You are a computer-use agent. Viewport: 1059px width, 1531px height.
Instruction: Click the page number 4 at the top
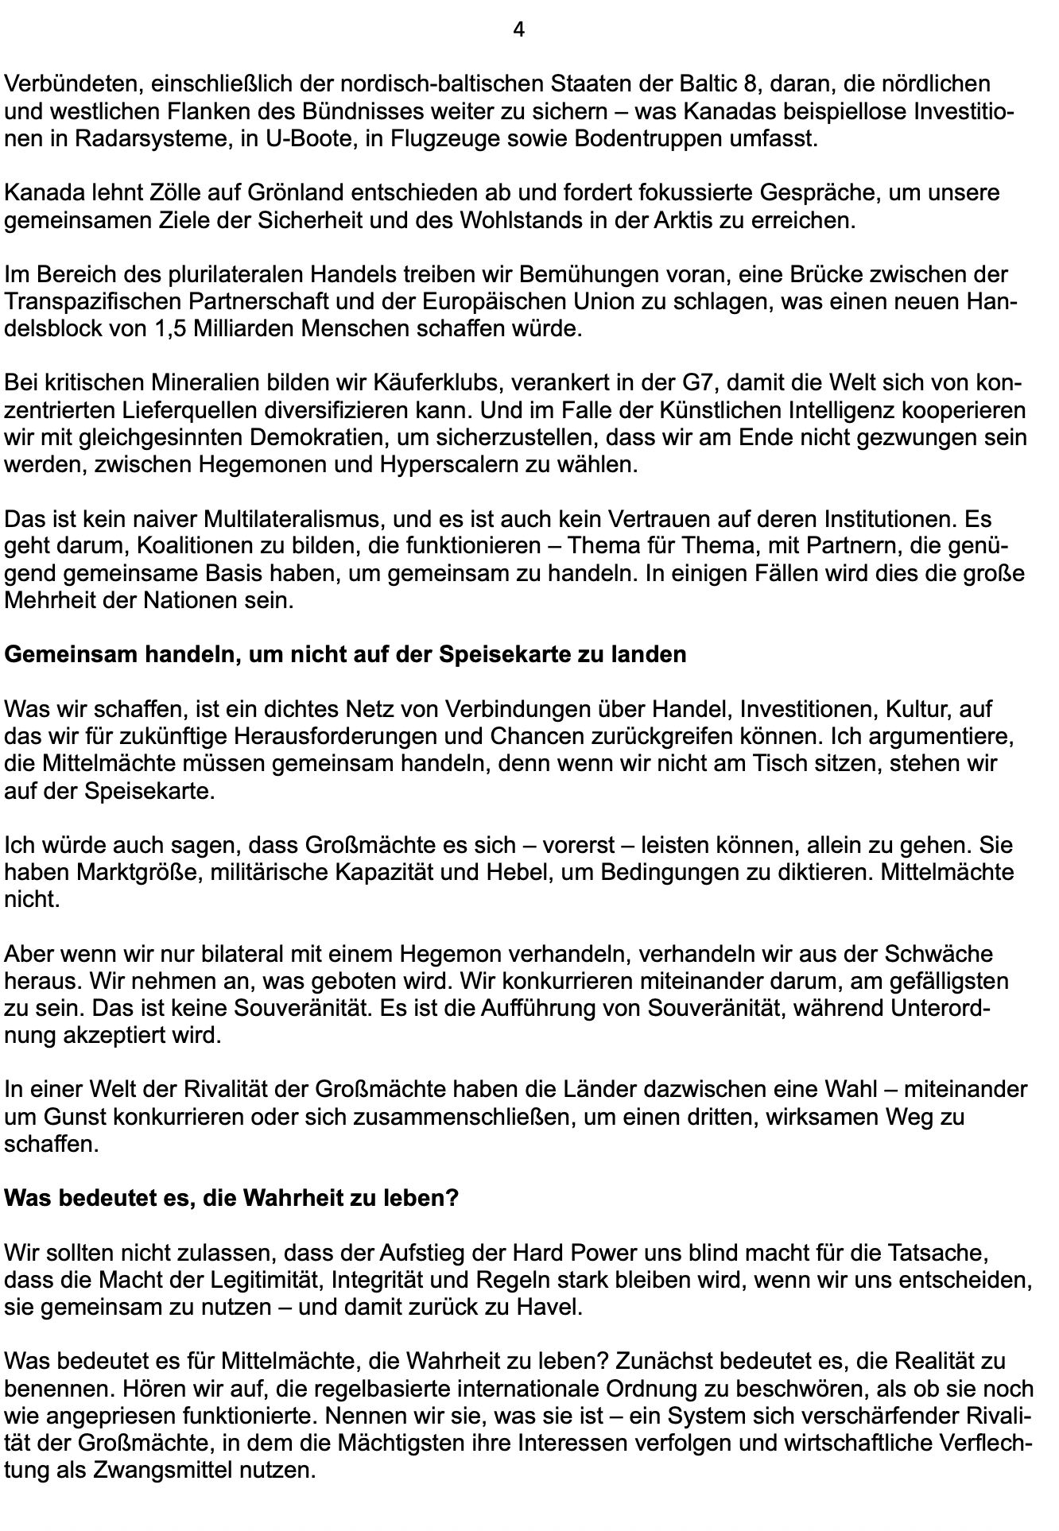click(519, 30)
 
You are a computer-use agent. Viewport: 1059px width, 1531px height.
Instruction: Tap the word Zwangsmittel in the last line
click(159, 1471)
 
